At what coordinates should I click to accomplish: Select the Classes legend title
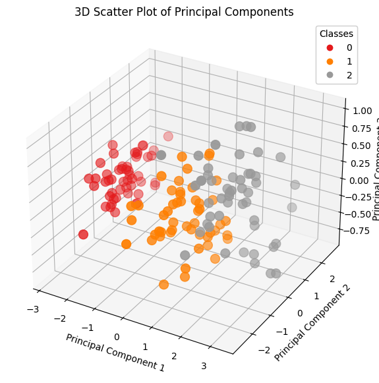pos(336,34)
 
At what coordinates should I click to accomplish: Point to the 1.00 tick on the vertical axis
pos(362,111)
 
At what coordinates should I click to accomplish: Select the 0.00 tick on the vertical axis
pos(361,180)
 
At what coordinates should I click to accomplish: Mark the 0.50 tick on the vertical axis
pos(361,146)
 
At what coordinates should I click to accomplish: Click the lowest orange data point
pos(164,285)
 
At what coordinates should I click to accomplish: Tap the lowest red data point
pos(83,235)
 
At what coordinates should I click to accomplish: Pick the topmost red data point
pos(168,136)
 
